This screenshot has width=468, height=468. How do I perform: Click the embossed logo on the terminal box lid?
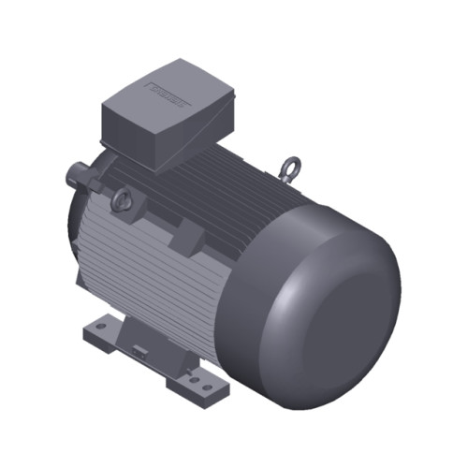pos(169,93)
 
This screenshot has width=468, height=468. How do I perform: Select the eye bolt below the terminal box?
pos(121,199)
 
